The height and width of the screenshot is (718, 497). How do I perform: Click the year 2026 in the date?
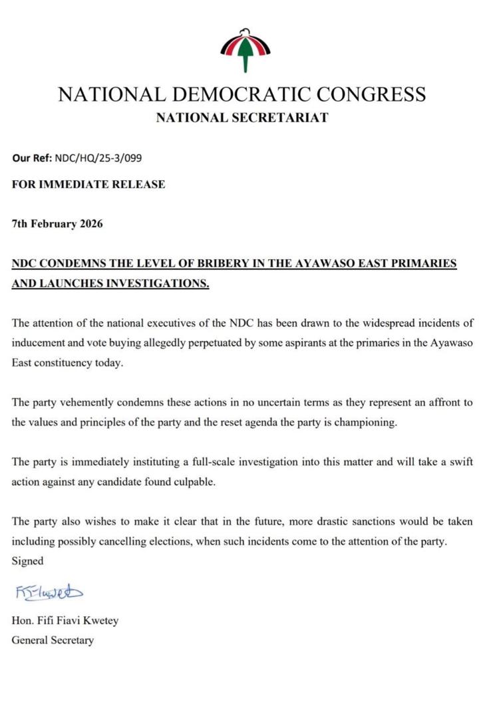pyautogui.click(x=90, y=223)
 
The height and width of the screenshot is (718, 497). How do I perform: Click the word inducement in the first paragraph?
pyautogui.click(x=38, y=344)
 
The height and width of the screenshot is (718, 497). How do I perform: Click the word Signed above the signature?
pyautogui.click(x=27, y=561)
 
